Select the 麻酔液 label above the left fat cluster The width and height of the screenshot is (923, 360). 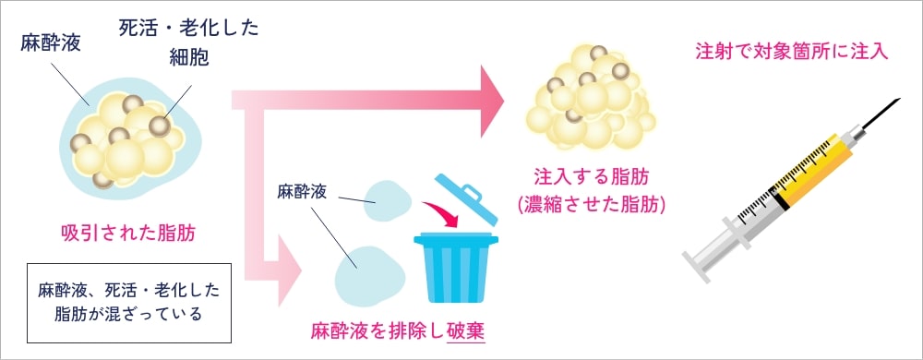[51, 45]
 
